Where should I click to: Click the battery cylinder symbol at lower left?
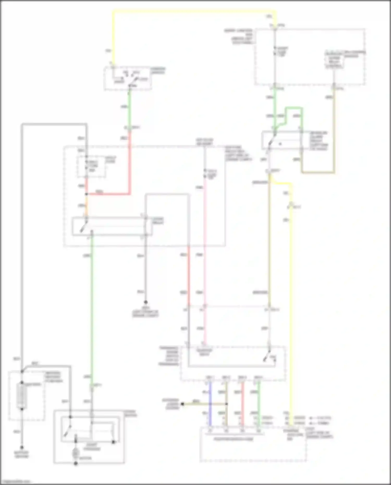[x=22, y=395]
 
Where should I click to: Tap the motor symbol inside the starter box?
[x=76, y=453]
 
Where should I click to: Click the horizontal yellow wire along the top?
[x=193, y=11]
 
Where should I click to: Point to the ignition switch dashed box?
[x=128, y=78]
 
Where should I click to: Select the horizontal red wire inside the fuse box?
[x=108, y=194]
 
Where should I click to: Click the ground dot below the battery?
[x=22, y=447]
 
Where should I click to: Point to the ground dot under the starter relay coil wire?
[x=146, y=302]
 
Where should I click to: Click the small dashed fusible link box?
[x=91, y=167]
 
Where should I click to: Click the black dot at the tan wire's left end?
[x=182, y=404]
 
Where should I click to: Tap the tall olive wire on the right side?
[x=269, y=242]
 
